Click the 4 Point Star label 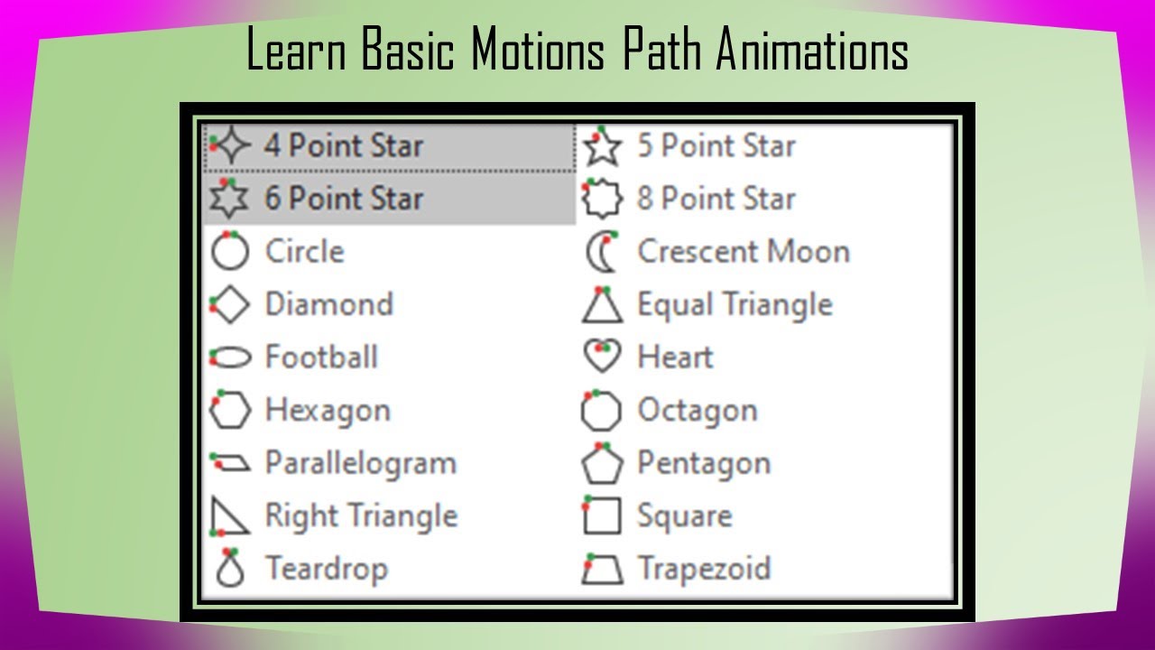coord(344,146)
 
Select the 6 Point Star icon coord(229,199)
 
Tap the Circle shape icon coord(229,251)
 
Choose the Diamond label coord(329,304)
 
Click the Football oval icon coord(230,357)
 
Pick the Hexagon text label coord(328,411)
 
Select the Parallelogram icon coord(231,463)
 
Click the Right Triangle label coord(361,516)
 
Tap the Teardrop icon coord(229,569)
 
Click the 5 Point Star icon coord(602,147)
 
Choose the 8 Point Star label coord(716,199)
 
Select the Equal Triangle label coord(735,305)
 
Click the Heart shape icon coord(602,357)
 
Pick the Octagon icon coord(601,412)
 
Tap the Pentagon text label coord(704,463)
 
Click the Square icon coord(602,516)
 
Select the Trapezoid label coord(704,569)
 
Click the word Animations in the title coord(812,52)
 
